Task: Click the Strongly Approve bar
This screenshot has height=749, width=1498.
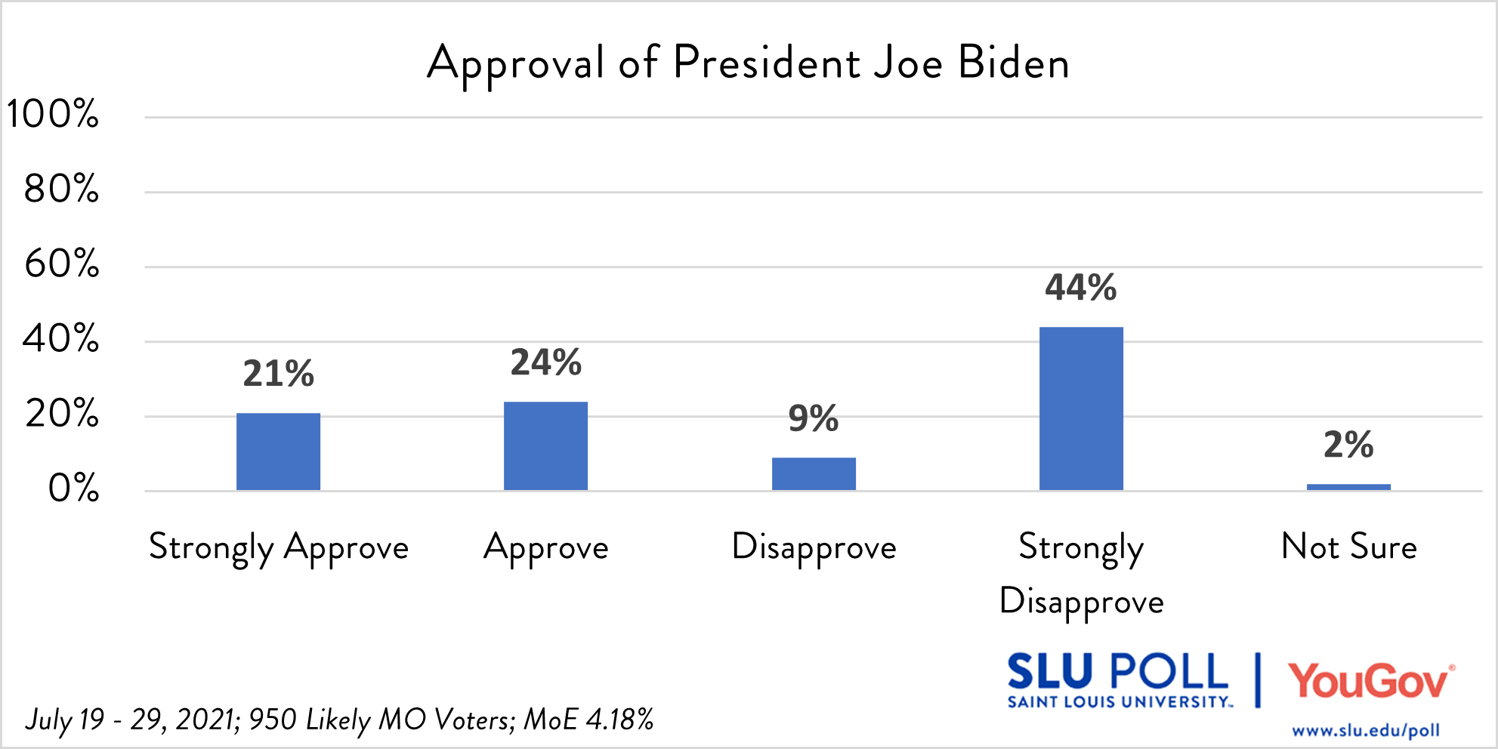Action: [278, 452]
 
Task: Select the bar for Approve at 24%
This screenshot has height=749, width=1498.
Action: [545, 445]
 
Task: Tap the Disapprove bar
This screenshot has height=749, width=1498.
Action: [814, 473]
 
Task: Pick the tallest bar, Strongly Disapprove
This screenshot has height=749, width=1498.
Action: [1081, 408]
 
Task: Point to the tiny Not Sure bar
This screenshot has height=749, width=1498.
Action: [1348, 487]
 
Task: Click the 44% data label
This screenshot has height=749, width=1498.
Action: [1080, 288]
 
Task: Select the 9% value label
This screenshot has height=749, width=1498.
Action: [813, 418]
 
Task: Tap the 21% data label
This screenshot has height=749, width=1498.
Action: [278, 374]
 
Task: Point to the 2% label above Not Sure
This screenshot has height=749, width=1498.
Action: [1348, 445]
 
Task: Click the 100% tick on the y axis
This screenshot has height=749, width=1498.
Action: [53, 115]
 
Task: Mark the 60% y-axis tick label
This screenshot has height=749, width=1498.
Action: [62, 264]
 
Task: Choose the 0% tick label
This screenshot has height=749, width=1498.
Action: [73, 489]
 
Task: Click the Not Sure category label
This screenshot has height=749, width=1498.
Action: [1349, 547]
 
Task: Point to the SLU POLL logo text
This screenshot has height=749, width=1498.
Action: [1118, 673]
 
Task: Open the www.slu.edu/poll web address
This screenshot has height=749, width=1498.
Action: [1365, 731]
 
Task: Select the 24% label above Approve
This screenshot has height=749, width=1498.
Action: [545, 362]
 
